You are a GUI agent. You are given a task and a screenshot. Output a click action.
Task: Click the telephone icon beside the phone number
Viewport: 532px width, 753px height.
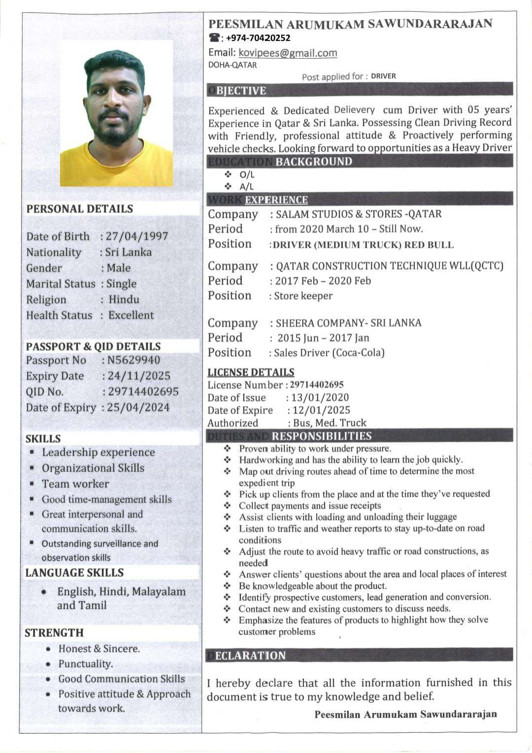click(214, 38)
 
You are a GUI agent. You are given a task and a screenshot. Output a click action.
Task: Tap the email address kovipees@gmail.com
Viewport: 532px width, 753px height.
click(288, 53)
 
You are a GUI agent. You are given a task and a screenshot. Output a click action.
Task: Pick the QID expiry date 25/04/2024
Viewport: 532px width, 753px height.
click(138, 408)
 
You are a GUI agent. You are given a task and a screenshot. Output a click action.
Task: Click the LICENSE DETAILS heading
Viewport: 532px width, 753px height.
click(251, 373)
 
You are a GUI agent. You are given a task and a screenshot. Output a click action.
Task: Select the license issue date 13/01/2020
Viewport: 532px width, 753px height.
click(320, 398)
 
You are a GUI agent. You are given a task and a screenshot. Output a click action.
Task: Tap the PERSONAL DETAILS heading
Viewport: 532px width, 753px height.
click(80, 209)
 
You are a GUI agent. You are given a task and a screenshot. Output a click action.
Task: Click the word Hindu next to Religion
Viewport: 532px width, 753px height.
click(124, 300)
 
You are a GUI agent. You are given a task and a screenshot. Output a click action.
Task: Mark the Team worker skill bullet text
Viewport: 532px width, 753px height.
click(75, 484)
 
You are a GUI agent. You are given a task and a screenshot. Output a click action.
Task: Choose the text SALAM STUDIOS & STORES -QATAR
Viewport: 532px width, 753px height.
click(359, 214)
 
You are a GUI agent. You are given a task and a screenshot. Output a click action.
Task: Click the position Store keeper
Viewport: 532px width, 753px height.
click(303, 296)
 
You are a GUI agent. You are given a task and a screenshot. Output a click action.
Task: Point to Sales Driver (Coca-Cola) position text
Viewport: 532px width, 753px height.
click(329, 353)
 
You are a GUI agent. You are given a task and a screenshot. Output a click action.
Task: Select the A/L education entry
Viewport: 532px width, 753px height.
click(246, 187)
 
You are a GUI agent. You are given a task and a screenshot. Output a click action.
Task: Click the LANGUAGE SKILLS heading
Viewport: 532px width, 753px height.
click(74, 573)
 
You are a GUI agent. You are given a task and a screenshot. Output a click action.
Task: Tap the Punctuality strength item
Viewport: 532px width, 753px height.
click(86, 664)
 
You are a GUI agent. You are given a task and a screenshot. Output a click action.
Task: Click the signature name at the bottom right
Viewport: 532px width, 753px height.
click(405, 714)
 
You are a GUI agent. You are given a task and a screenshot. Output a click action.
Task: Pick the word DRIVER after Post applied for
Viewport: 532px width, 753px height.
click(383, 76)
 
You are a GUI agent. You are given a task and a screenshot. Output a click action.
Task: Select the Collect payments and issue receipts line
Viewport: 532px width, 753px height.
click(310, 506)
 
